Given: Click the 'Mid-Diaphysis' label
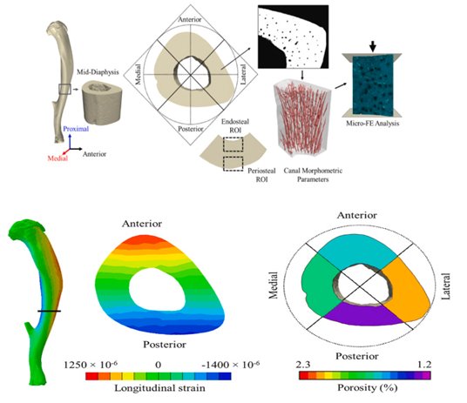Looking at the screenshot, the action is (x=98, y=72).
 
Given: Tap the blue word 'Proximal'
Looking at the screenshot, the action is (x=76, y=129).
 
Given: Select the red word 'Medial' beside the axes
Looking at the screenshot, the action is (x=58, y=158).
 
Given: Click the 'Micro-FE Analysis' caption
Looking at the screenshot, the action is (x=372, y=124).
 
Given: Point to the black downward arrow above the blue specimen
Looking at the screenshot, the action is (x=373, y=46).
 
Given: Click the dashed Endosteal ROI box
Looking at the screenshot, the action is (x=233, y=144).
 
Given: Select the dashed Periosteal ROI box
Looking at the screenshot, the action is (x=233, y=164).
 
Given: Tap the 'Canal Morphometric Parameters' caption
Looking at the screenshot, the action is (x=313, y=175).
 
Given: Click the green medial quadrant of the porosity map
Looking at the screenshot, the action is (x=319, y=285).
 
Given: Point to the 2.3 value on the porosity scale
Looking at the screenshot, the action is (x=303, y=365).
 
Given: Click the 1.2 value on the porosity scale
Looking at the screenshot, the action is (x=423, y=365).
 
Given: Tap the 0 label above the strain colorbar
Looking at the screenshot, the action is (x=159, y=365).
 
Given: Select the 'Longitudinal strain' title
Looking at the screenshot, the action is (x=159, y=388).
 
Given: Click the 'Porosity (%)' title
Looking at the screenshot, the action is (x=367, y=387).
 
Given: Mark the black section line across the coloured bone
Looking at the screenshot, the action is (x=49, y=312).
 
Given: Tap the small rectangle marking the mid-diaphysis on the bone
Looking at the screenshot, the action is (x=64, y=89).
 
